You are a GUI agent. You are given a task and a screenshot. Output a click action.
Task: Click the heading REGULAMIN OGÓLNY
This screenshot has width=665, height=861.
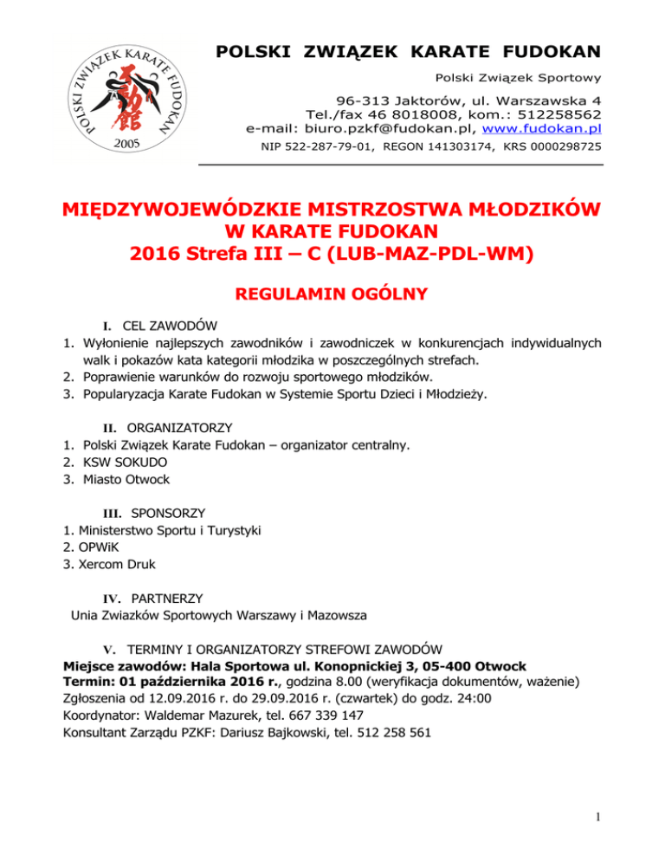(332, 295)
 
